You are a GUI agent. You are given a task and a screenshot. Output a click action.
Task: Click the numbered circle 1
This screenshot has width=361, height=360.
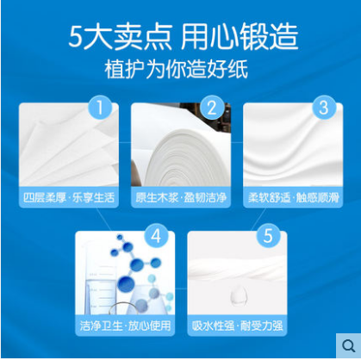coord(100,107)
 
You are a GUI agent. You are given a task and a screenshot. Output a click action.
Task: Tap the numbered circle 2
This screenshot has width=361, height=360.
coord(212,107)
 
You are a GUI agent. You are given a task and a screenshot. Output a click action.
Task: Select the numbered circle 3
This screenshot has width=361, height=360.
coord(324,107)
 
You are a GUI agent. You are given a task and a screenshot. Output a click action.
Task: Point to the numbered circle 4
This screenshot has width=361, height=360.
coord(156,235)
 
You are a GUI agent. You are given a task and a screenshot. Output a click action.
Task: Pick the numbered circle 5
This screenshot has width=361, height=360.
coord(268,235)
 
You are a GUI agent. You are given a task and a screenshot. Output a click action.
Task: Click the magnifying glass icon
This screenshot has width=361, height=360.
coord(349,345)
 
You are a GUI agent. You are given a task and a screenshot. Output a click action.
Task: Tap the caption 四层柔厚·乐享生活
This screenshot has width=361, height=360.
coord(69,197)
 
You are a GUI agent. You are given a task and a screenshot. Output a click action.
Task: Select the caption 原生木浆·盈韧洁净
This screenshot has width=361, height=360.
coord(181,197)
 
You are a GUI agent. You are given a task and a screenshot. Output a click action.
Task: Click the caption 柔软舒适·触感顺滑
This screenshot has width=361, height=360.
coord(293,197)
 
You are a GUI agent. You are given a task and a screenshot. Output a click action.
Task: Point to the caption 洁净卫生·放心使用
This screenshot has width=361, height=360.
coord(125,326)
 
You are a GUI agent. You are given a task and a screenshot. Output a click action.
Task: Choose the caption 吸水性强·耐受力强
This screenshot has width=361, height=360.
coord(237,326)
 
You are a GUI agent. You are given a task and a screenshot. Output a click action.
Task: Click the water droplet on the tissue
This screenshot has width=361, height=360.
coord(239,296)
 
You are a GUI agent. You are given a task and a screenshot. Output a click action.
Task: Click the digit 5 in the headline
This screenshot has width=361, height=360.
coord(75,38)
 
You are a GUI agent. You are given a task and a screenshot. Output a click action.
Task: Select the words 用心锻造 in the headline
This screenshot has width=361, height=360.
coord(240,37)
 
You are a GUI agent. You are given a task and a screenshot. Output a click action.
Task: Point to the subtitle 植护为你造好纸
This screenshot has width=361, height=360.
coord(176,69)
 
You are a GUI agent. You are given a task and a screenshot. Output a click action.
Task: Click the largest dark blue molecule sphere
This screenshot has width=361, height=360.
coord(126,283)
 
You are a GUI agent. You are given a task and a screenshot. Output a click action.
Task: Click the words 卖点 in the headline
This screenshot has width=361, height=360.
coord(143,37)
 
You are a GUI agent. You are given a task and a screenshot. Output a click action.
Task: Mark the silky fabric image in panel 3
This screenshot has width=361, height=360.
coord(293,144)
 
